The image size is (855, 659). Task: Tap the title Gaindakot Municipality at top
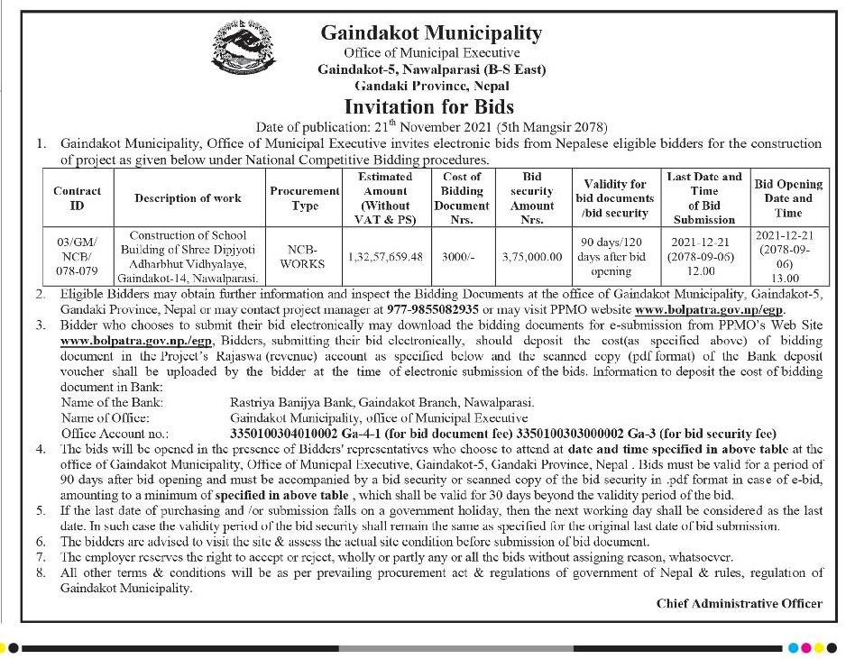click(432, 34)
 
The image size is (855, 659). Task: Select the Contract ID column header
click(77, 198)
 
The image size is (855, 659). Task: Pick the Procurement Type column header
click(305, 198)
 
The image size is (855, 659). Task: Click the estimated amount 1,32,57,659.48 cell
click(385, 256)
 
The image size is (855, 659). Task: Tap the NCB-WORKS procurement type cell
click(305, 256)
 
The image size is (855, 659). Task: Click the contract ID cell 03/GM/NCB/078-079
click(77, 256)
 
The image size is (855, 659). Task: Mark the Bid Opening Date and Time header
click(788, 198)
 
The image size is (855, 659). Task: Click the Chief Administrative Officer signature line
click(739, 603)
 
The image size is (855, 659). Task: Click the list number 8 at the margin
click(40, 573)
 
